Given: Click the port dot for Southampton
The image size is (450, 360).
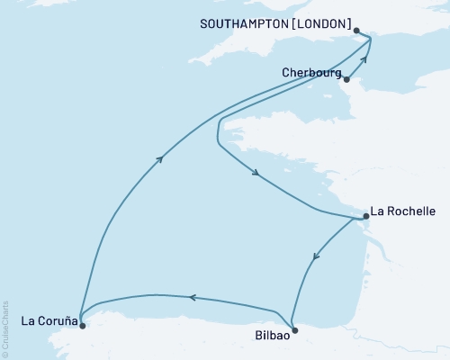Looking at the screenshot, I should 357,31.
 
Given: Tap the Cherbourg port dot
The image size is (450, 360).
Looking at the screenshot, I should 346,78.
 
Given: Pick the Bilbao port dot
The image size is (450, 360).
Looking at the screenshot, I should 294,330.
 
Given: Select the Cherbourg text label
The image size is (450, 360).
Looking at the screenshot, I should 310,73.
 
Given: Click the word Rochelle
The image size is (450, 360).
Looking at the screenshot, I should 412,211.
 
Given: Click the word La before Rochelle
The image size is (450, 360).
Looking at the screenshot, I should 380,211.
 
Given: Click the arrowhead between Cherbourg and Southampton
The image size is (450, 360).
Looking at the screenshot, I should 364,59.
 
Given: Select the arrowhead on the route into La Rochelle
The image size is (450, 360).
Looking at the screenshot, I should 257,174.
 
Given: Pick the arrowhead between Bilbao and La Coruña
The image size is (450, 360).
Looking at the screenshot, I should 191,297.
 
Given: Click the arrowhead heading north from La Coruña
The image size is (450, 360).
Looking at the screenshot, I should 159,159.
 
